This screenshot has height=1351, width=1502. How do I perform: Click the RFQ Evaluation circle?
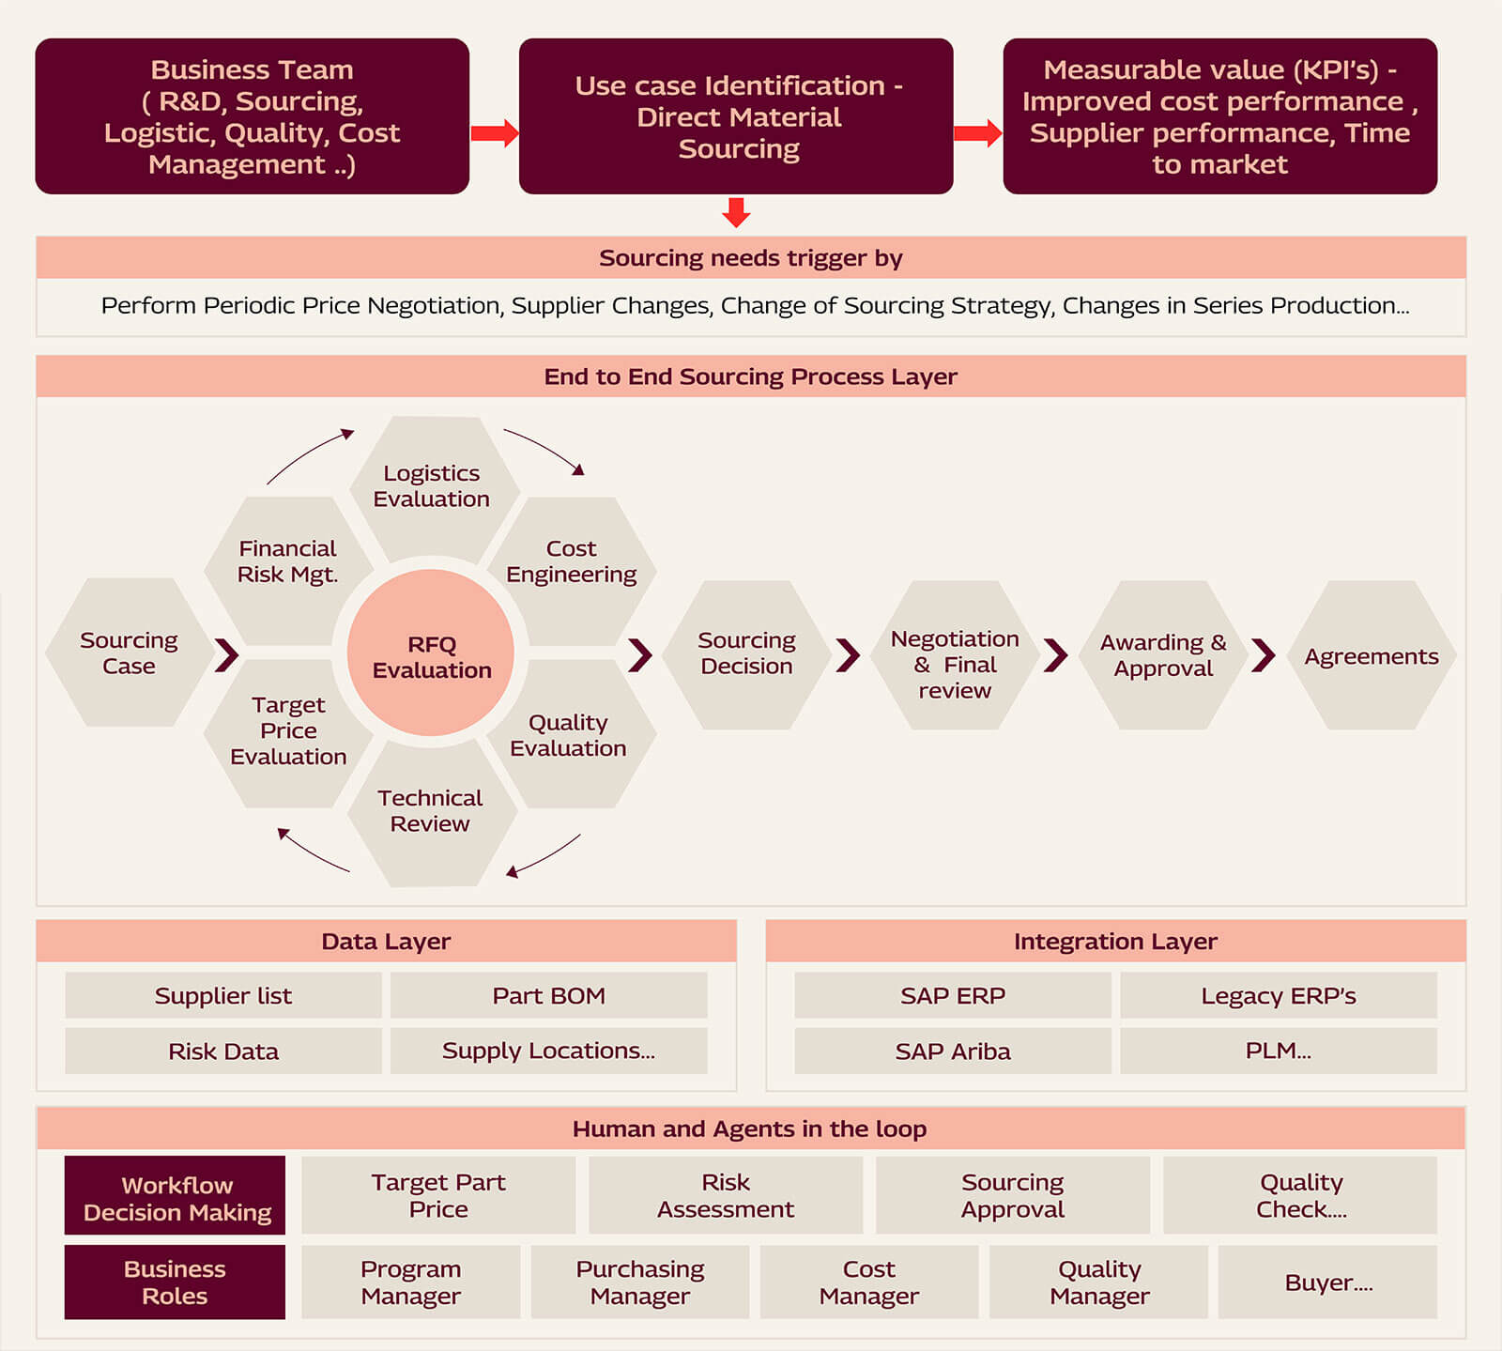point(431,655)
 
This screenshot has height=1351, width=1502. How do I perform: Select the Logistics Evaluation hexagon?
point(432,486)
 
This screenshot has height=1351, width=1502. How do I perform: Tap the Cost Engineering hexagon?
point(571,562)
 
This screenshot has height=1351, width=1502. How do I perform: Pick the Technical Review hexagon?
point(430,811)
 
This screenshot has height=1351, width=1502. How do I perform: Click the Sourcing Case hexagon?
point(129,653)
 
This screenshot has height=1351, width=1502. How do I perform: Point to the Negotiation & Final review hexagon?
point(955,664)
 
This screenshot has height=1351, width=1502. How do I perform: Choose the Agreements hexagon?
point(1371,656)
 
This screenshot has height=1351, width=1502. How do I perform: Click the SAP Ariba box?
point(952,1052)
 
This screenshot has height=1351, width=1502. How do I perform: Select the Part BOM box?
point(548,996)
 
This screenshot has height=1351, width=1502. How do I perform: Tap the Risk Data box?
point(223,1052)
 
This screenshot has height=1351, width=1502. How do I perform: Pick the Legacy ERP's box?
point(1278,996)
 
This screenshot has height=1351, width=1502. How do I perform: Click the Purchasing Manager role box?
point(640,1282)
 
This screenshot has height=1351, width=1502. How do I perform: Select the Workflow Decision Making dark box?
point(176,1198)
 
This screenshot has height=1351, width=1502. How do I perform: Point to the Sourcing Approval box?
point(1012,1196)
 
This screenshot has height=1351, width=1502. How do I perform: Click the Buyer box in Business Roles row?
point(1327,1282)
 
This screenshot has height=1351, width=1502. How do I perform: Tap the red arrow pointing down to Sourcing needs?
point(736,212)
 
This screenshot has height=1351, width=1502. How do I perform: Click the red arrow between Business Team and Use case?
point(494,133)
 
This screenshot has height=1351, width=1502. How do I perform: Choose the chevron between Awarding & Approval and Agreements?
point(1264,655)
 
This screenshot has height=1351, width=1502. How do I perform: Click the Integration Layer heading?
point(1115,942)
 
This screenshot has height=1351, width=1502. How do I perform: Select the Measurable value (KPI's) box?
point(1219,116)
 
